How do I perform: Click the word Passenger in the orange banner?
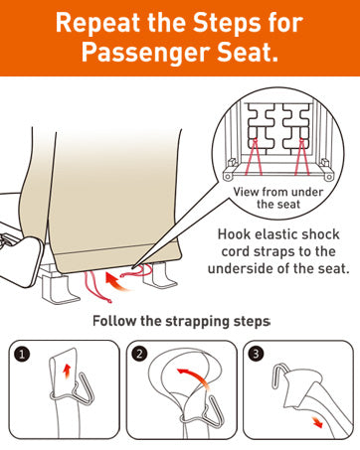tap(146, 53)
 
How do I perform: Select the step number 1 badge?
tap(22, 355)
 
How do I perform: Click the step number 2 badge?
tap(139, 354)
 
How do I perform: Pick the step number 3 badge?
tap(256, 354)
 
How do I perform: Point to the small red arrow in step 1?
tap(67, 372)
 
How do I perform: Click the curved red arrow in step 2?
tap(194, 377)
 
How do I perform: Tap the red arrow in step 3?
tap(316, 422)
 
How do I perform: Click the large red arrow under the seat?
tap(116, 282)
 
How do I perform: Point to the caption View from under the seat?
tap(277, 198)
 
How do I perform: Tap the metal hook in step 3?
tap(277, 375)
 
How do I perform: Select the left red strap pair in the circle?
tap(254, 157)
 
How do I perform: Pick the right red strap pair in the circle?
tap(301, 157)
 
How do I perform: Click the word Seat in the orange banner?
tap(247, 53)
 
